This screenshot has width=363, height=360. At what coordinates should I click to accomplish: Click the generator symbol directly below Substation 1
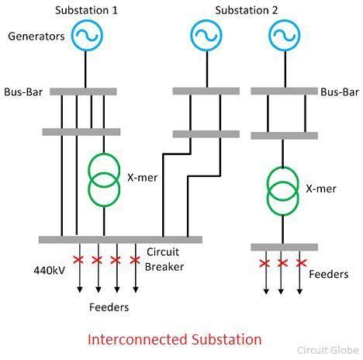pos(87,36)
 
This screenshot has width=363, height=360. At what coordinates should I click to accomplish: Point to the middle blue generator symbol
pos(206,36)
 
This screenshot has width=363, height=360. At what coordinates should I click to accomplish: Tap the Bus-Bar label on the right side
pos(341,92)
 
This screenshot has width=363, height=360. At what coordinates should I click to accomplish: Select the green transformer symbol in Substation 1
pos(103,178)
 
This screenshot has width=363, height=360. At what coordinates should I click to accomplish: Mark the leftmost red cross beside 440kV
pos(78,259)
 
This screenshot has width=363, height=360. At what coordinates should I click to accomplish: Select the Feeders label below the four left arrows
pos(108,307)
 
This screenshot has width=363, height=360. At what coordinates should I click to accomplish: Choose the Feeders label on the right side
pos(329,274)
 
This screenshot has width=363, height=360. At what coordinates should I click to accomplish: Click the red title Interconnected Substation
pos(175,339)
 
